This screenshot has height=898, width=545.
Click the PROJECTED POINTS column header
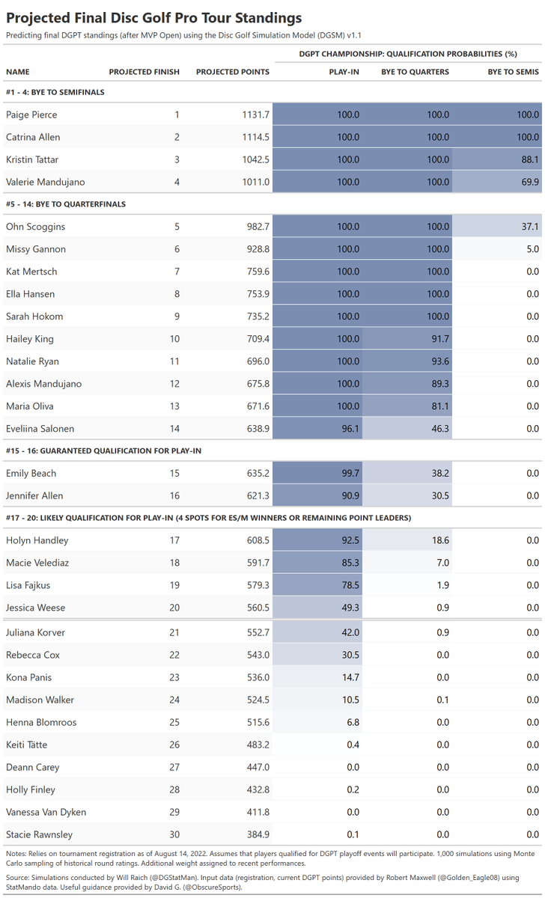(233, 72)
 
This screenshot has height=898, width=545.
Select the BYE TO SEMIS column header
(514, 72)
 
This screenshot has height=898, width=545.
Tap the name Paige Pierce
(31, 114)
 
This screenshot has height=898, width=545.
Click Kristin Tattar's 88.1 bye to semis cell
(530, 159)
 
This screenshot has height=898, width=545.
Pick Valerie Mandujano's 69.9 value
(530, 182)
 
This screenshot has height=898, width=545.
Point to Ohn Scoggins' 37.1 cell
(530, 227)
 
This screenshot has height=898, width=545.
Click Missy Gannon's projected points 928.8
(258, 249)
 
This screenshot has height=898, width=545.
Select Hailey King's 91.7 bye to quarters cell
(440, 339)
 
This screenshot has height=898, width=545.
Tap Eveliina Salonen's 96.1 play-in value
(350, 429)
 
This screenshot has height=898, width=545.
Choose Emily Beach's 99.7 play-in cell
(350, 473)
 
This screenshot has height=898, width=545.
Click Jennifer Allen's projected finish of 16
(174, 495)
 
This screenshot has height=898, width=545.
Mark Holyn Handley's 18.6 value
(440, 540)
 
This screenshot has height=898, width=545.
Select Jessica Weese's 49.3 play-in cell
(350, 608)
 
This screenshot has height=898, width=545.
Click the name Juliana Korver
(35, 632)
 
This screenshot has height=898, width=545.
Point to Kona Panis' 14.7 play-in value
(350, 677)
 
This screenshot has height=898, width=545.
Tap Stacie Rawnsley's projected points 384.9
(258, 834)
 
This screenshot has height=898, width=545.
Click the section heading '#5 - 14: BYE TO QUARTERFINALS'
(66, 204)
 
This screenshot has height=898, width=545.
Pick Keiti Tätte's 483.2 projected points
(258, 745)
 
